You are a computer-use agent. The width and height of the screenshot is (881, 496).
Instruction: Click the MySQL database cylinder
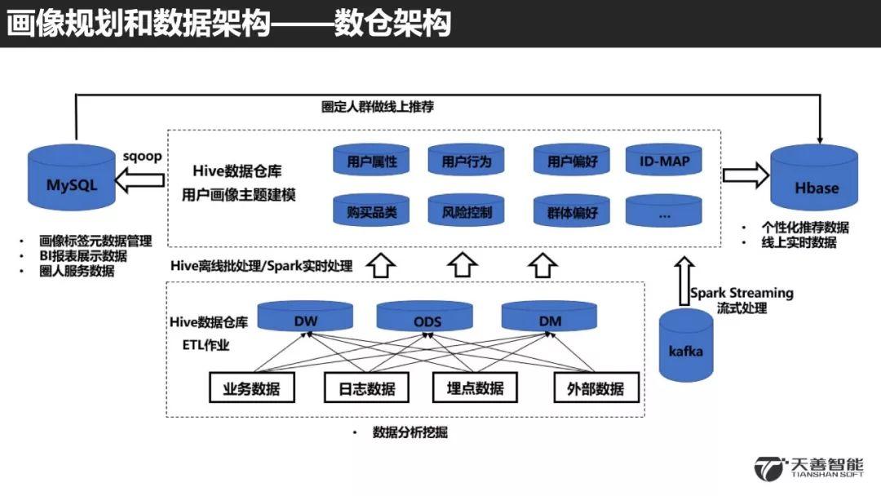[x=71, y=178]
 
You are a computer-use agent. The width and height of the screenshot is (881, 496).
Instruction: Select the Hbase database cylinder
[x=814, y=177]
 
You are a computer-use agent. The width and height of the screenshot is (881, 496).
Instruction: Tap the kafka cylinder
[x=686, y=345]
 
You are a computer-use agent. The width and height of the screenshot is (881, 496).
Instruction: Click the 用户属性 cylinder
[x=371, y=160]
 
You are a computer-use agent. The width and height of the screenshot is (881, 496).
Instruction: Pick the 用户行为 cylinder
[x=467, y=160]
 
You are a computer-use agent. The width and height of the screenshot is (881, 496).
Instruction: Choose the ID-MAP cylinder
[x=663, y=160]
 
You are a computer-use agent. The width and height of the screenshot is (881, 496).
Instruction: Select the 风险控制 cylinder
[x=467, y=210]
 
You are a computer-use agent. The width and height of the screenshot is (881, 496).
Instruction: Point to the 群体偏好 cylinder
[x=571, y=210]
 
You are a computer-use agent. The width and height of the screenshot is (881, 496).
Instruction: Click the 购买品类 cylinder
[x=371, y=210]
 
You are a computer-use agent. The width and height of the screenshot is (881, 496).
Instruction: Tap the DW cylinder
[x=305, y=317]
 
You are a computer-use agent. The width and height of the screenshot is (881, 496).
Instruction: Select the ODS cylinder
[x=425, y=317]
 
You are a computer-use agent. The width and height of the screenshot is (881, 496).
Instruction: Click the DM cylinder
[x=549, y=317]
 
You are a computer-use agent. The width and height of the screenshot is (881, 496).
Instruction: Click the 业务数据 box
[x=252, y=387]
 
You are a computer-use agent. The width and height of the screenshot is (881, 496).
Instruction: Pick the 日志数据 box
[x=366, y=387]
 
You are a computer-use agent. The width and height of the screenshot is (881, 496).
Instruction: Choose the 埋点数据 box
[x=475, y=387]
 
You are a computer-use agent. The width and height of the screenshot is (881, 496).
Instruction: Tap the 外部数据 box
[x=596, y=387]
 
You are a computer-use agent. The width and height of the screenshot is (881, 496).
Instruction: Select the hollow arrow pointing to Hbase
[x=746, y=175]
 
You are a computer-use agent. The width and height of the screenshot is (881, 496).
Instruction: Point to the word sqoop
[x=142, y=156]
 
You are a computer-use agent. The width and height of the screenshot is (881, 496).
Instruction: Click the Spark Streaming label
[x=742, y=293]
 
